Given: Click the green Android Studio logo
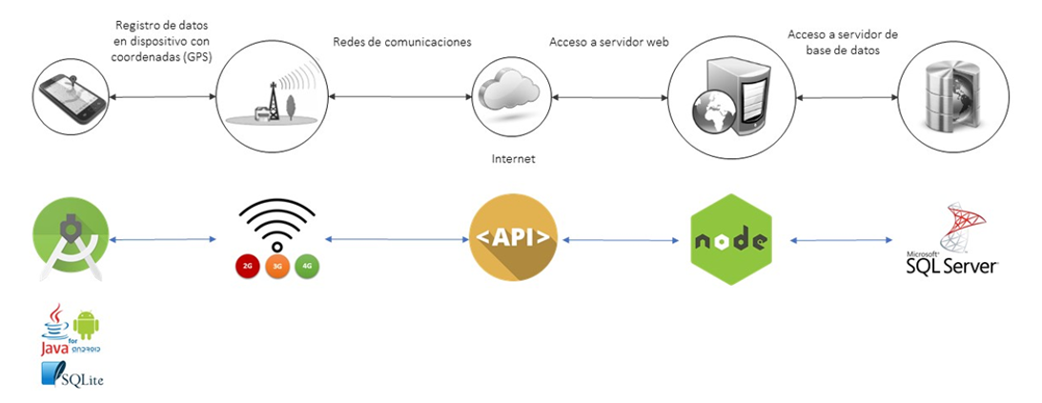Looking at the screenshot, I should coord(70,239).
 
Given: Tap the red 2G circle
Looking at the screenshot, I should coord(248,267).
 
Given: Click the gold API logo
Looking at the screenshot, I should coord(513,238).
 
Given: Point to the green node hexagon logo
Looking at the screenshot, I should coord(730,239).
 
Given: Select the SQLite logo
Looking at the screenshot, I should coord(72,375).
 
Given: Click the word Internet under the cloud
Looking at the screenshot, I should coord(513,160).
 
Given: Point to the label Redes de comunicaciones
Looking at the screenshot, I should coord(401,43).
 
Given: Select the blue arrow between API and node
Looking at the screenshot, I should coord(624,240).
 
